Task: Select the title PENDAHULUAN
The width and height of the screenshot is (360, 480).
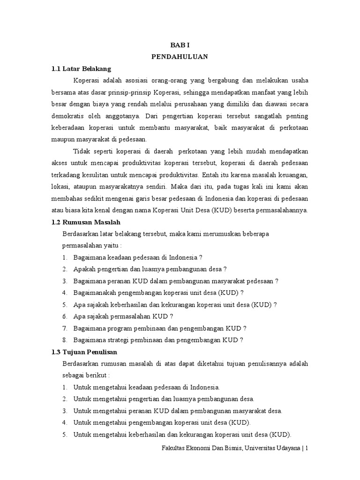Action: (x=180, y=57)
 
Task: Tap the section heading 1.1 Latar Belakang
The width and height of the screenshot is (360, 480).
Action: (x=81, y=68)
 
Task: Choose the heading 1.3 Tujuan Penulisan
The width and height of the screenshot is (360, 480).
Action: (x=84, y=352)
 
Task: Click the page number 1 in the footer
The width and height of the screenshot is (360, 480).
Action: (x=307, y=448)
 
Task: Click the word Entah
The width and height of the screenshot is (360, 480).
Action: (x=210, y=174)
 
